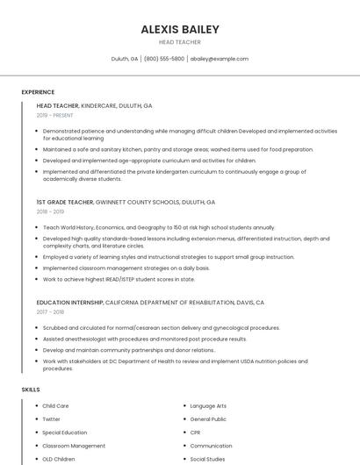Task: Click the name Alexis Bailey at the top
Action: pos(180,29)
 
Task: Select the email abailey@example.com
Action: pos(220,59)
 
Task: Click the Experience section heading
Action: pos(38,92)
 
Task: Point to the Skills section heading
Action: pos(31,389)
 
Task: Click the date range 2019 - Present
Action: pos(54,115)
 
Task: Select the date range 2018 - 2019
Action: pos(50,211)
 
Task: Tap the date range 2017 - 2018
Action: pos(50,311)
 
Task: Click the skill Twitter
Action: pos(52,419)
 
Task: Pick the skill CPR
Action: pos(195,433)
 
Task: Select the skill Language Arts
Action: pos(208,406)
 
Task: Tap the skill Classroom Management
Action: pos(74,446)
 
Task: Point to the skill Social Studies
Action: pos(207,459)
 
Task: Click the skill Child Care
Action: pos(55,406)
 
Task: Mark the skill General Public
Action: pos(208,419)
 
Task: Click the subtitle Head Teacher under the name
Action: pos(180,42)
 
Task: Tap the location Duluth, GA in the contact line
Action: pos(125,59)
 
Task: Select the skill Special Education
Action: pos(65,433)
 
